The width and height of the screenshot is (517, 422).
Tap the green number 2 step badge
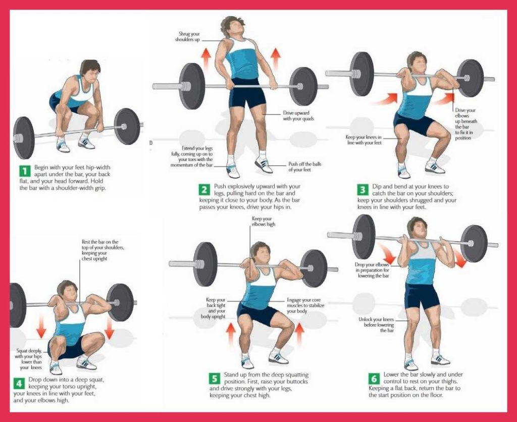[204, 190]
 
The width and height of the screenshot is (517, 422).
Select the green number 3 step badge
[363, 190]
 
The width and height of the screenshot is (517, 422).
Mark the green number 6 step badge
[374, 378]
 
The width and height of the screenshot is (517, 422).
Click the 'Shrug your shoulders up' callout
[188, 36]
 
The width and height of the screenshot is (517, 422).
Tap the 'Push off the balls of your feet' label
[304, 167]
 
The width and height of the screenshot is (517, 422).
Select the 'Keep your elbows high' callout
[264, 221]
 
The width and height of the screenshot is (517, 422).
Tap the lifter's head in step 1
[89, 71]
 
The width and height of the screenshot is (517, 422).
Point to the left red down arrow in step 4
[41, 329]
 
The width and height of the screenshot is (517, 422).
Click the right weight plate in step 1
[127, 126]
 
